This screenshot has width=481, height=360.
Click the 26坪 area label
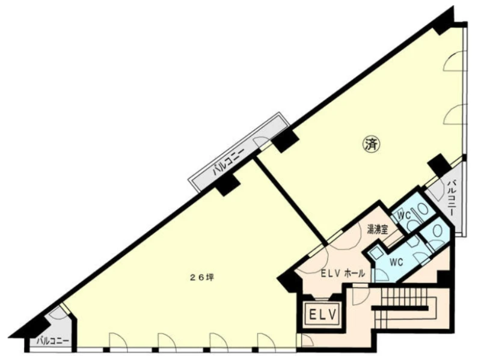(202, 278)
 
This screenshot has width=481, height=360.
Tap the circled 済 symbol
(372, 144)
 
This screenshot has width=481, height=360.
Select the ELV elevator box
(323, 314)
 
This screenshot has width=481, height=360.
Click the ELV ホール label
(343, 273)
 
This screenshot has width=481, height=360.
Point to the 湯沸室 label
(378, 229)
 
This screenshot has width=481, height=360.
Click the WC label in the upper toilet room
(404, 216)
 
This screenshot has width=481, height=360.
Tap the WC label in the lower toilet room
(396, 262)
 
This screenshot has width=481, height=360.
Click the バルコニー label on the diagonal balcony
(228, 161)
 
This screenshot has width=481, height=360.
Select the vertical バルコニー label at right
(452, 198)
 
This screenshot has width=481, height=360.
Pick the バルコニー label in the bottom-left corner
(52, 341)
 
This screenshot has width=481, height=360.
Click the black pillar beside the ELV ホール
(290, 279)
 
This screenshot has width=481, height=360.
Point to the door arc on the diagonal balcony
(262, 142)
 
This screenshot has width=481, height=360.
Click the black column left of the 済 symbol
(285, 141)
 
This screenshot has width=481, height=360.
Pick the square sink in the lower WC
(375, 253)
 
